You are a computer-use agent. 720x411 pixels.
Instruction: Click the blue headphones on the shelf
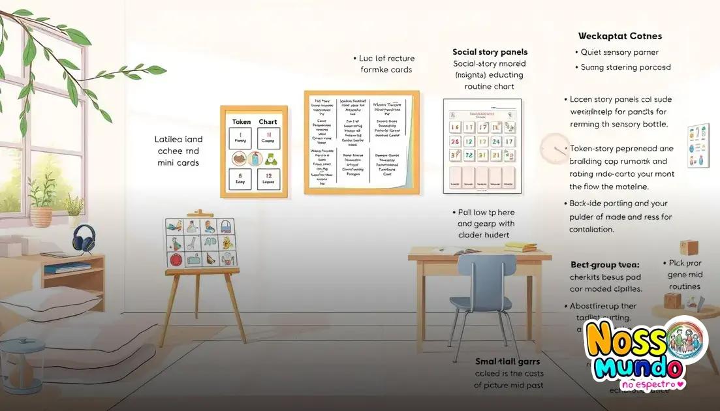(x=84, y=239)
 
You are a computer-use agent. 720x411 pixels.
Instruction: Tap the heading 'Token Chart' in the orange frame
(x=254, y=122)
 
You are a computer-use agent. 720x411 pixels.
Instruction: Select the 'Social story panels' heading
(x=490, y=52)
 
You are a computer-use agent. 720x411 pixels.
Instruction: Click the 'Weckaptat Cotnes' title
(x=619, y=37)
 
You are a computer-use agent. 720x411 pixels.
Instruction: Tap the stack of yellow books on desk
(x=520, y=247)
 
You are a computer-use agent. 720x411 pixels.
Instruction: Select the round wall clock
(x=555, y=149)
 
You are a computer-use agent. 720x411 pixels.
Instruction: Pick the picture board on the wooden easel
(x=200, y=243)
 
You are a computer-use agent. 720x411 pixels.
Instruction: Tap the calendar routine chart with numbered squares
(x=482, y=146)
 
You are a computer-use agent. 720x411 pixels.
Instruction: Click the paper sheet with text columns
(x=361, y=142)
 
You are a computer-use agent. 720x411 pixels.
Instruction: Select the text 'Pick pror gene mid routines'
(x=684, y=275)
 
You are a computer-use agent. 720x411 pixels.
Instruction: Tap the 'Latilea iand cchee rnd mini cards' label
(x=178, y=151)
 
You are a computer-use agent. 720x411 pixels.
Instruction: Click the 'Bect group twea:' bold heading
(x=604, y=265)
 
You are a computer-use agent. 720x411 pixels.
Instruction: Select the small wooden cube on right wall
(x=689, y=247)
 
